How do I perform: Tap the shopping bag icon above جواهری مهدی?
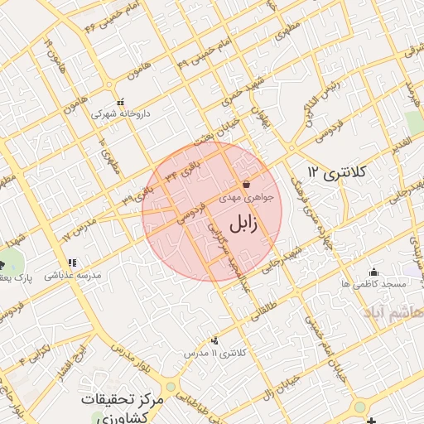[245, 184]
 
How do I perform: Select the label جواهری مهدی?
[241, 199]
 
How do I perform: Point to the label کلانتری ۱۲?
[335, 171]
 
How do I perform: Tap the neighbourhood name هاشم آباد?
[393, 312]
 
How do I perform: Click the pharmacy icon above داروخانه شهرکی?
[121, 100]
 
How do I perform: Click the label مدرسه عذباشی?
[72, 274]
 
